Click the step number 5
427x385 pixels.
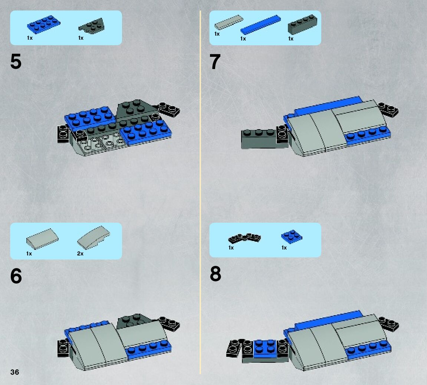click(x=16, y=61)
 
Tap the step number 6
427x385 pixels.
click(x=16, y=276)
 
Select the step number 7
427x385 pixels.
click(x=215, y=62)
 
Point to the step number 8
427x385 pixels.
click(x=216, y=274)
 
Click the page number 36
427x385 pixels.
click(x=15, y=372)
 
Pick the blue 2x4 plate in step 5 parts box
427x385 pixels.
click(x=43, y=24)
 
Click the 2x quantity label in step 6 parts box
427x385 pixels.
click(x=81, y=254)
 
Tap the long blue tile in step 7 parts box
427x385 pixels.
click(x=260, y=25)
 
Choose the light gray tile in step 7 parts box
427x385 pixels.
click(x=229, y=22)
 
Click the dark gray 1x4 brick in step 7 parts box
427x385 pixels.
click(x=303, y=25)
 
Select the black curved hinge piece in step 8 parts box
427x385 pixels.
click(x=244, y=238)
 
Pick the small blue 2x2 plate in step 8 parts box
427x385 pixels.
click(x=292, y=237)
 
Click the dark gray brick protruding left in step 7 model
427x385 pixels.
click(x=259, y=139)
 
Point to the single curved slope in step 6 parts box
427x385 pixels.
click(x=42, y=239)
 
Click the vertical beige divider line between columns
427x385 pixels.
click(x=200, y=192)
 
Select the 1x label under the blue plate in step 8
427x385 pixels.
click(x=284, y=248)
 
